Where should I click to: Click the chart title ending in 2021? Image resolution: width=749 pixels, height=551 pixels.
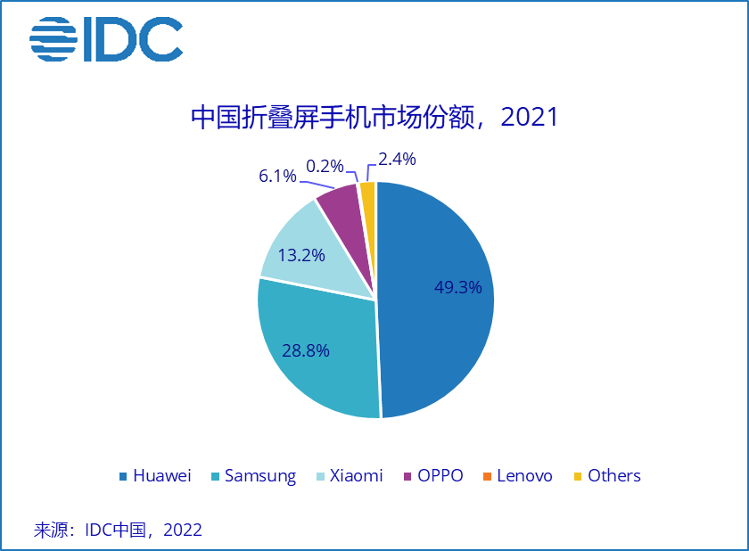point(374,118)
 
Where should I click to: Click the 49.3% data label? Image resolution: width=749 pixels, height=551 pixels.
point(457,287)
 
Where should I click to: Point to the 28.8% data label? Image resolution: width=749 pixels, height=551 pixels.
point(305,350)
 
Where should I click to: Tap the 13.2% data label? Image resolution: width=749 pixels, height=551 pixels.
point(300,255)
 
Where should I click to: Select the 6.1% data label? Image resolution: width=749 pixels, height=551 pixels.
point(277,176)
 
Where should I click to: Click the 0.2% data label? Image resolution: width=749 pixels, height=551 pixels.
point(325,166)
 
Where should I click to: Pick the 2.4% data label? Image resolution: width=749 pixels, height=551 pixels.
point(397,160)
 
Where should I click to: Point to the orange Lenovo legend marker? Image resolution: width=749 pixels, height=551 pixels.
point(486,476)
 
